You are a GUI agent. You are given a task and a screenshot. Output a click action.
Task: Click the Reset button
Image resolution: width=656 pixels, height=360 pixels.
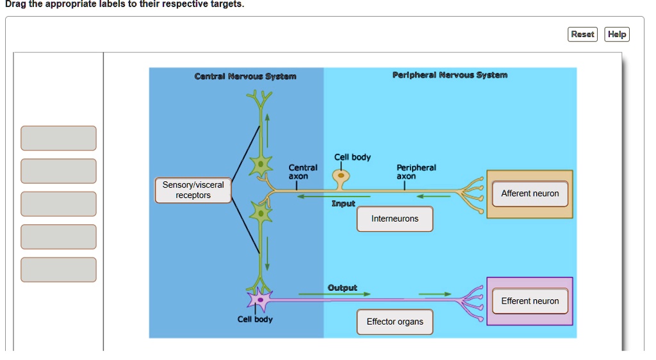[x=582, y=35]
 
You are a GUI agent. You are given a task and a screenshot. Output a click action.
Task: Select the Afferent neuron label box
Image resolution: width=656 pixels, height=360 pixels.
[x=530, y=193]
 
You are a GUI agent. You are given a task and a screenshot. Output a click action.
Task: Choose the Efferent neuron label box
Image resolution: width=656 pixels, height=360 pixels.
[x=530, y=301]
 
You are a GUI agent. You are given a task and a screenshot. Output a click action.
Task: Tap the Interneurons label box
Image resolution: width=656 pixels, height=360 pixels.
[x=395, y=219]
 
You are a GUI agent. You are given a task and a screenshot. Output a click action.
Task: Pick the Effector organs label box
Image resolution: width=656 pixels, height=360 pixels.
[x=395, y=322]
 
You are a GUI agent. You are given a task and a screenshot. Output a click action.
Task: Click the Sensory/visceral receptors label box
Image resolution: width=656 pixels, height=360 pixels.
[x=193, y=190]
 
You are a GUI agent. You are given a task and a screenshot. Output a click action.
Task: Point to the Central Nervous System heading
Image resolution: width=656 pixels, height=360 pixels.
[x=245, y=76]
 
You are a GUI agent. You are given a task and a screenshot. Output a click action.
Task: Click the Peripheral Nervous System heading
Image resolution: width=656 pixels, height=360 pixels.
[x=450, y=75]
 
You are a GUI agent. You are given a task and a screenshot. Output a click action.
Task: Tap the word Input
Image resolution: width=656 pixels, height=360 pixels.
[x=343, y=204]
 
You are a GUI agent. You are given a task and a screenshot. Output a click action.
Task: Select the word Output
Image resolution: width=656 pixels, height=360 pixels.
[x=343, y=288]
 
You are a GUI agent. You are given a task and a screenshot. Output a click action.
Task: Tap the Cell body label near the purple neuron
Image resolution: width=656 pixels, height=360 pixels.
[x=255, y=319]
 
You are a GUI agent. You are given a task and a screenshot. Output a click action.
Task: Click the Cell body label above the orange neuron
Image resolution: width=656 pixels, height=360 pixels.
[x=352, y=158]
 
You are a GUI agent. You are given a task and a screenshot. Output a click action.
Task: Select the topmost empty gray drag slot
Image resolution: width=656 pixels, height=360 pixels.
[x=58, y=138]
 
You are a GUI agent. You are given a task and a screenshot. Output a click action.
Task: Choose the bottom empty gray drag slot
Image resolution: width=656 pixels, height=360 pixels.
[x=58, y=270]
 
